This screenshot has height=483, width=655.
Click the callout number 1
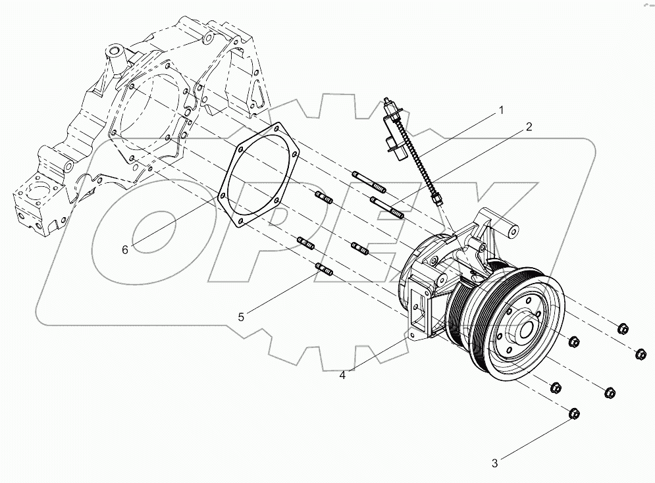pos(501,110)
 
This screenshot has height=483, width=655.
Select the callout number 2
pos(528,127)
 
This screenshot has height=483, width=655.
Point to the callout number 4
pos(342,375)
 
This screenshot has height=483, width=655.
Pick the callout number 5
pos(241,317)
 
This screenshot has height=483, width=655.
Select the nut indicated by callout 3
pos(573,414)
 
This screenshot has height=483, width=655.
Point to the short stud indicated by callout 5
pos(325,270)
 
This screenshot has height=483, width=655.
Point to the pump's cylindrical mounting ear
pos(508,231)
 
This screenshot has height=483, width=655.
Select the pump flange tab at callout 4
pos(411,334)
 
